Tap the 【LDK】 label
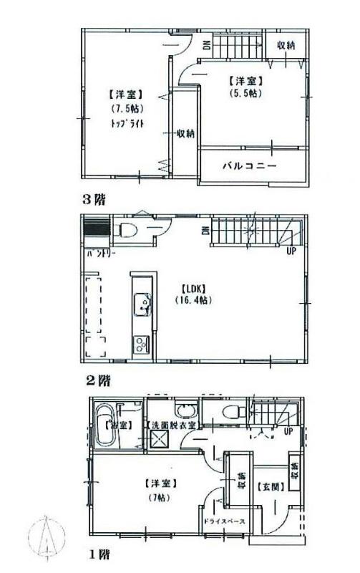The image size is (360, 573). pyautogui.click(x=191, y=289)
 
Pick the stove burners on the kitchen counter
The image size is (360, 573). pyautogui.click(x=140, y=344)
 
